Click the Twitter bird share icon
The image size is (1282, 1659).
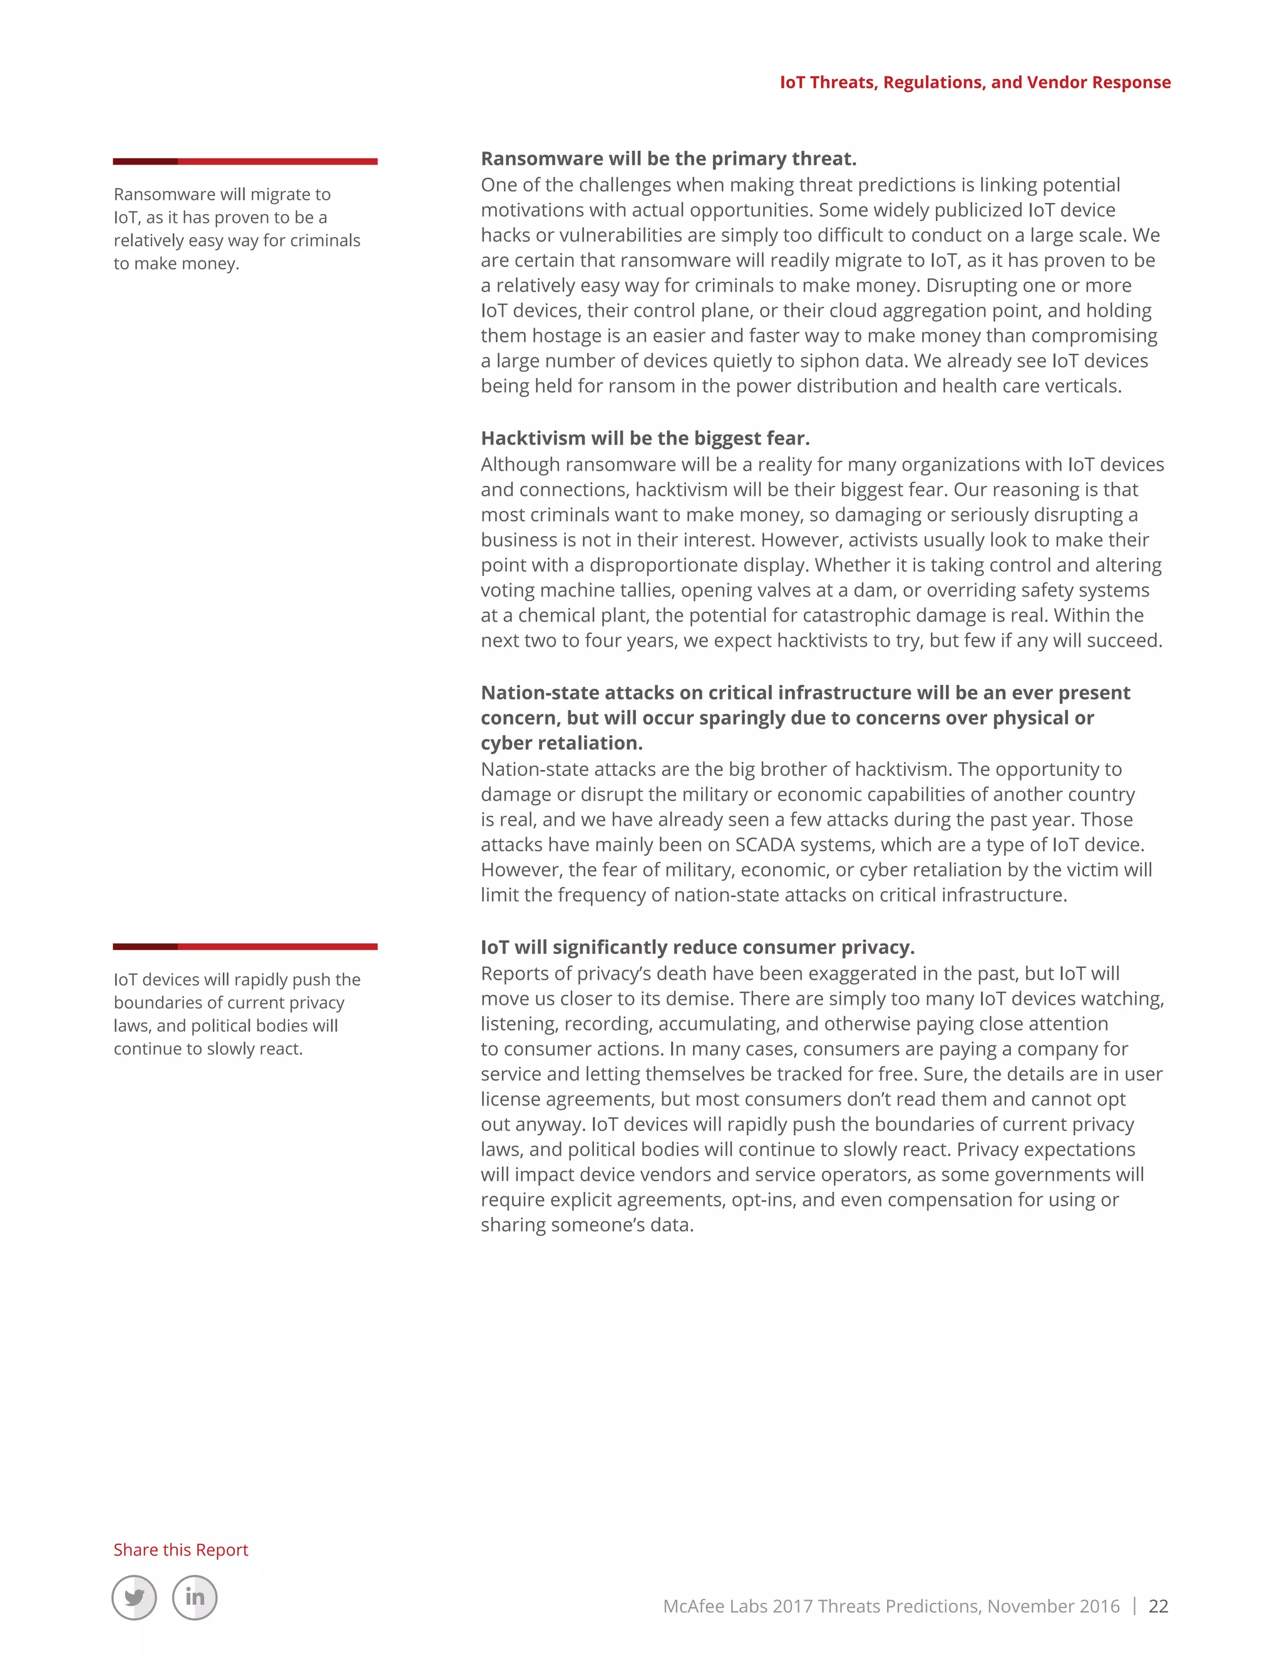(x=135, y=1598)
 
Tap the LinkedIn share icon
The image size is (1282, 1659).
(x=195, y=1598)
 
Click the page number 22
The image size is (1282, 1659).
(x=1157, y=1606)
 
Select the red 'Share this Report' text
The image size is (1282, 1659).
(x=181, y=1549)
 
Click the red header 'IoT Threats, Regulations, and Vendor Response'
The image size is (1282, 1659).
(x=975, y=82)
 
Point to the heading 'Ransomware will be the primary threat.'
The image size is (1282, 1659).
(x=669, y=159)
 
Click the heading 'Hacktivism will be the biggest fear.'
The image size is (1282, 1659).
(x=645, y=438)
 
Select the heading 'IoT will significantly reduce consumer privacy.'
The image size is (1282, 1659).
(x=697, y=947)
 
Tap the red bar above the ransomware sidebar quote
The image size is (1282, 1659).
(x=245, y=161)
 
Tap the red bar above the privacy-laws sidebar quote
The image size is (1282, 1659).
(x=245, y=947)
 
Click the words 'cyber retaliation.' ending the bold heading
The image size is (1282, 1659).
(x=562, y=743)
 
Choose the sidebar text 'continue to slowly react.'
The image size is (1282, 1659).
(x=208, y=1049)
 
